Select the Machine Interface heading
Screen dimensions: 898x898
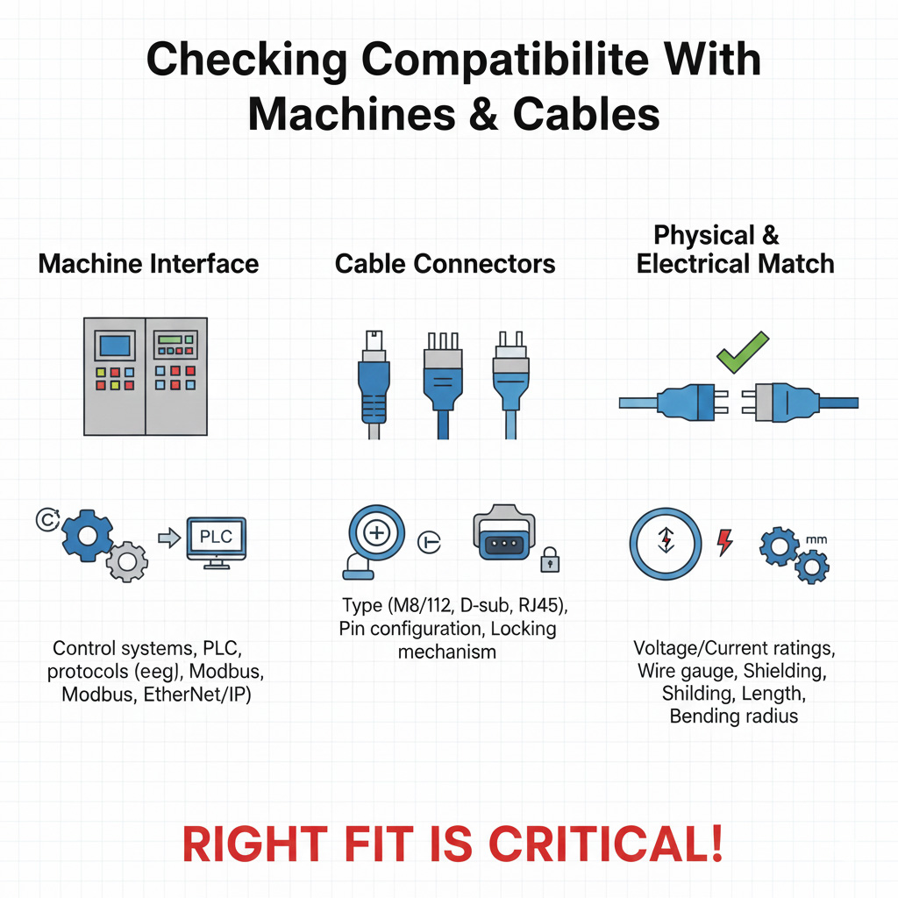click(x=148, y=263)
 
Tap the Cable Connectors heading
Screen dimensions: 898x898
click(x=445, y=263)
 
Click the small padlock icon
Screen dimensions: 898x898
click(x=550, y=559)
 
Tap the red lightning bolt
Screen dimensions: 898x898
click(x=725, y=542)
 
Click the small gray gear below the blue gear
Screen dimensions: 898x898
click(x=127, y=560)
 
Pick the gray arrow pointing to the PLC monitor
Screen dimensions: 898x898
click(x=167, y=537)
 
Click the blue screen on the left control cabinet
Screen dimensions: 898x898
click(x=115, y=346)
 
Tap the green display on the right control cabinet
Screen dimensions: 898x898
click(x=174, y=340)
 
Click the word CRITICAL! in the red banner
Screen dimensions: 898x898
click(x=606, y=843)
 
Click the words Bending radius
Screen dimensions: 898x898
click(x=733, y=716)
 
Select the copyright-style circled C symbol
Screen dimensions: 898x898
click(x=43, y=520)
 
